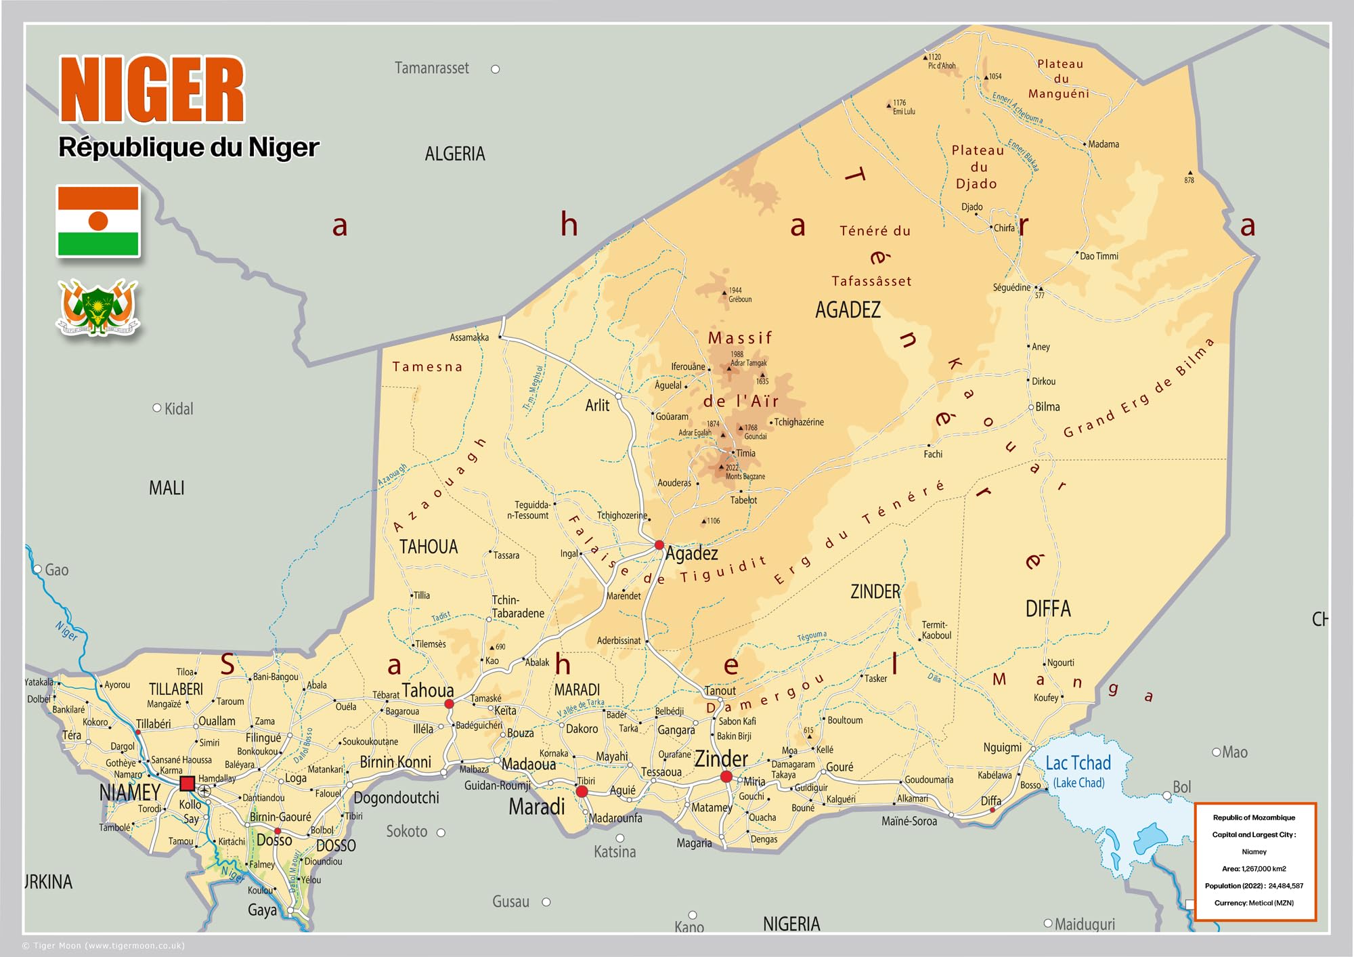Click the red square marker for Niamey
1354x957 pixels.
188,784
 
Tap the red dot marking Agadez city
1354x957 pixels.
659,545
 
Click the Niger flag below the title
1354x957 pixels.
98,221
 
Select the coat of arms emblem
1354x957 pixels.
98,309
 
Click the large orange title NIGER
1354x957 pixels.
152,89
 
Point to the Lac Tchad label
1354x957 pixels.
1078,763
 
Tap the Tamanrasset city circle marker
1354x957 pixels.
496,69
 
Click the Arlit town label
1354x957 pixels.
597,406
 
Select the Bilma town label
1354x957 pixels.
1047,407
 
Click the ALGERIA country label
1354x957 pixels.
455,154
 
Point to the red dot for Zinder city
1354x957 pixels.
726,777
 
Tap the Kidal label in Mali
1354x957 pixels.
179,409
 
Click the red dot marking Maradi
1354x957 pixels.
582,791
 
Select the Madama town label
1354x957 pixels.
1104,144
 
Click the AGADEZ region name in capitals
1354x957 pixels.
848,310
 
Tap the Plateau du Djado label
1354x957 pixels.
977,167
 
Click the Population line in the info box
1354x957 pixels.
1254,886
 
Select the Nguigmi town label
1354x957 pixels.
1002,748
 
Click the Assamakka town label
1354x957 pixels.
469,337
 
